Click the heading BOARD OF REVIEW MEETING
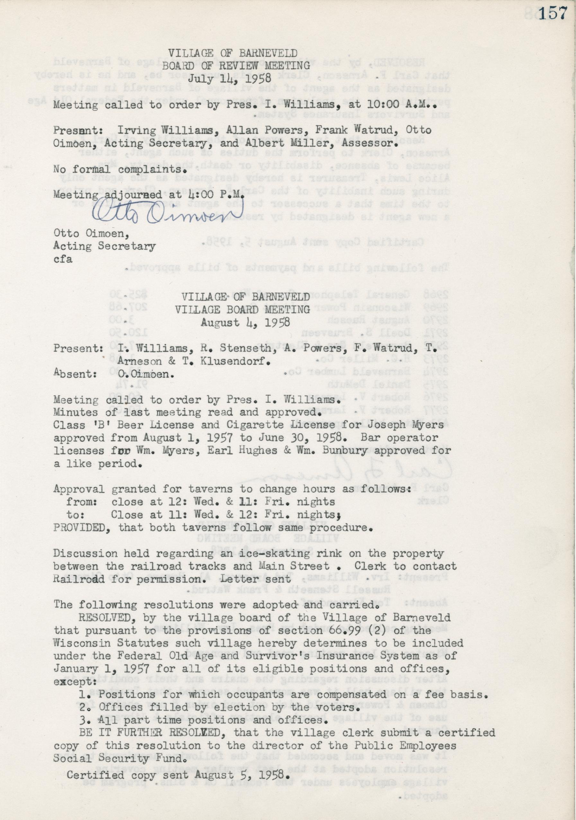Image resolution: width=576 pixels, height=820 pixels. coord(236,65)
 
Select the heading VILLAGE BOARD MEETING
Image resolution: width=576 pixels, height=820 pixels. coord(243,309)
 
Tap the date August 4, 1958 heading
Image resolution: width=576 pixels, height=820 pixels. coord(245,322)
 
